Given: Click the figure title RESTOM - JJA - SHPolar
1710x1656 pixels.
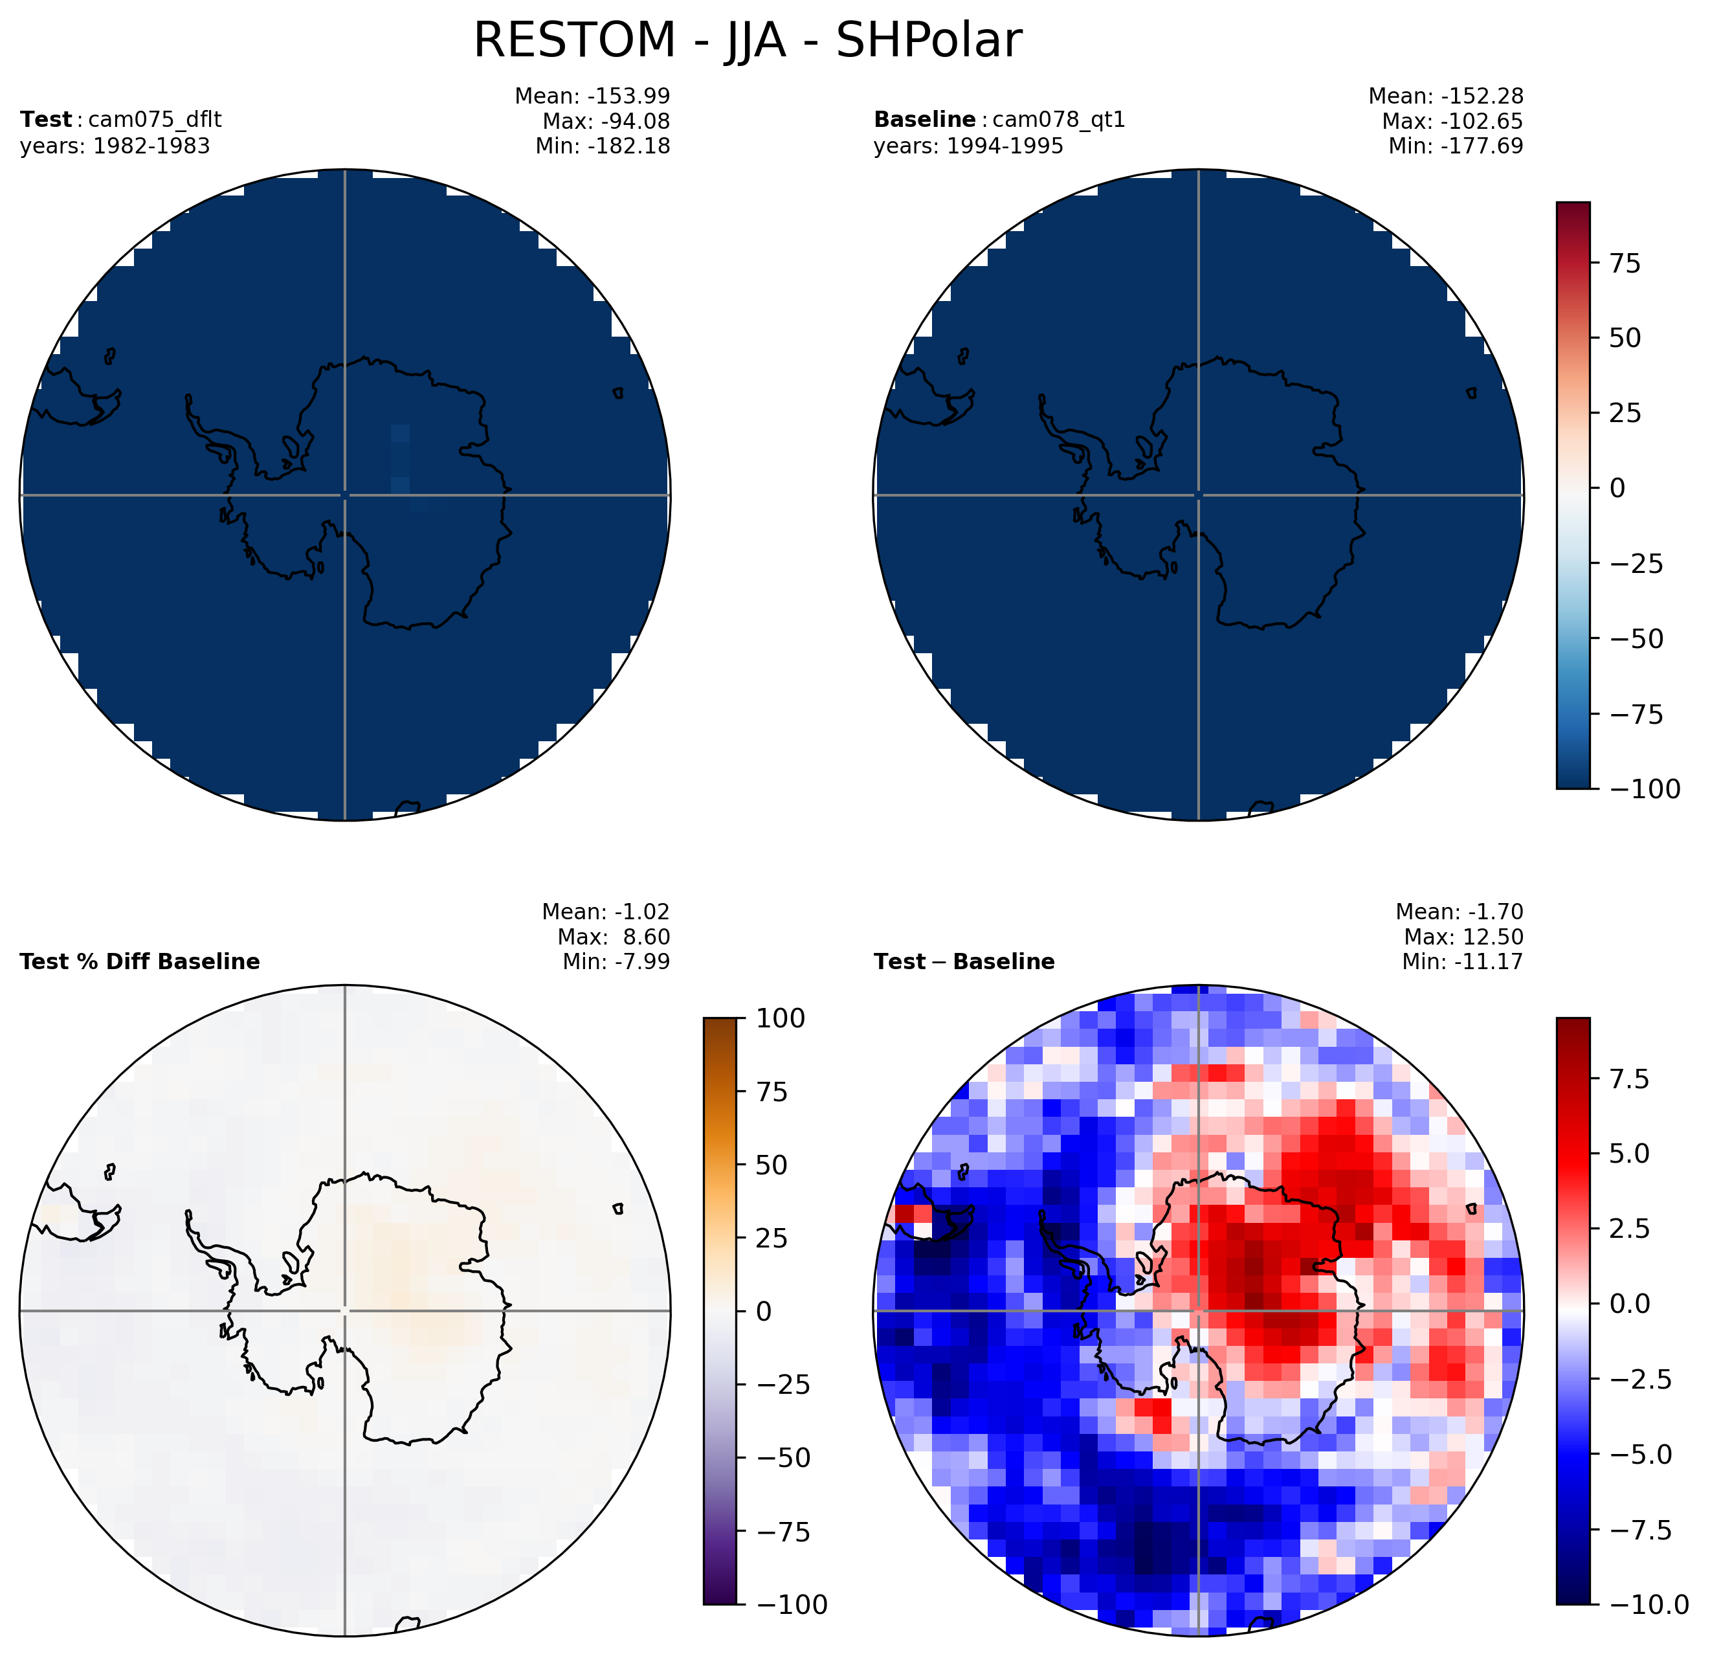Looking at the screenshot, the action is pyautogui.click(x=747, y=41).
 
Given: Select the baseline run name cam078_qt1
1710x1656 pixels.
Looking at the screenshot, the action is pyautogui.click(x=1059, y=120).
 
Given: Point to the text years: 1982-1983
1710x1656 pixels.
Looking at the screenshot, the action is pyautogui.click(x=115, y=146).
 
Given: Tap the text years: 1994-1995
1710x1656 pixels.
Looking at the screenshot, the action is pyautogui.click(x=968, y=146).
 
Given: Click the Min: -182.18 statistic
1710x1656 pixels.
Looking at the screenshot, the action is pyautogui.click(x=603, y=146).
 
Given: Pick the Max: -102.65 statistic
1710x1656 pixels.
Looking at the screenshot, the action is pyautogui.click(x=1452, y=121).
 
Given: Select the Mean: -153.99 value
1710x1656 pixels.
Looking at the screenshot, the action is pyautogui.click(x=592, y=96).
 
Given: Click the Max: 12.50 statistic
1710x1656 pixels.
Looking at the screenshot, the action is pyautogui.click(x=1464, y=937).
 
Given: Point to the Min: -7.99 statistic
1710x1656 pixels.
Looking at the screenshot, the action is pyautogui.click(x=617, y=961).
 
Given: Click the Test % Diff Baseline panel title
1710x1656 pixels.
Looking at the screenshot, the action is pyautogui.click(x=140, y=961).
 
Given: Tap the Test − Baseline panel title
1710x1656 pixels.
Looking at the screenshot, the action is pyautogui.click(x=964, y=961).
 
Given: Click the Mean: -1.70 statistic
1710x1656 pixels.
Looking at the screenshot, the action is pyautogui.click(x=1460, y=912).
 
